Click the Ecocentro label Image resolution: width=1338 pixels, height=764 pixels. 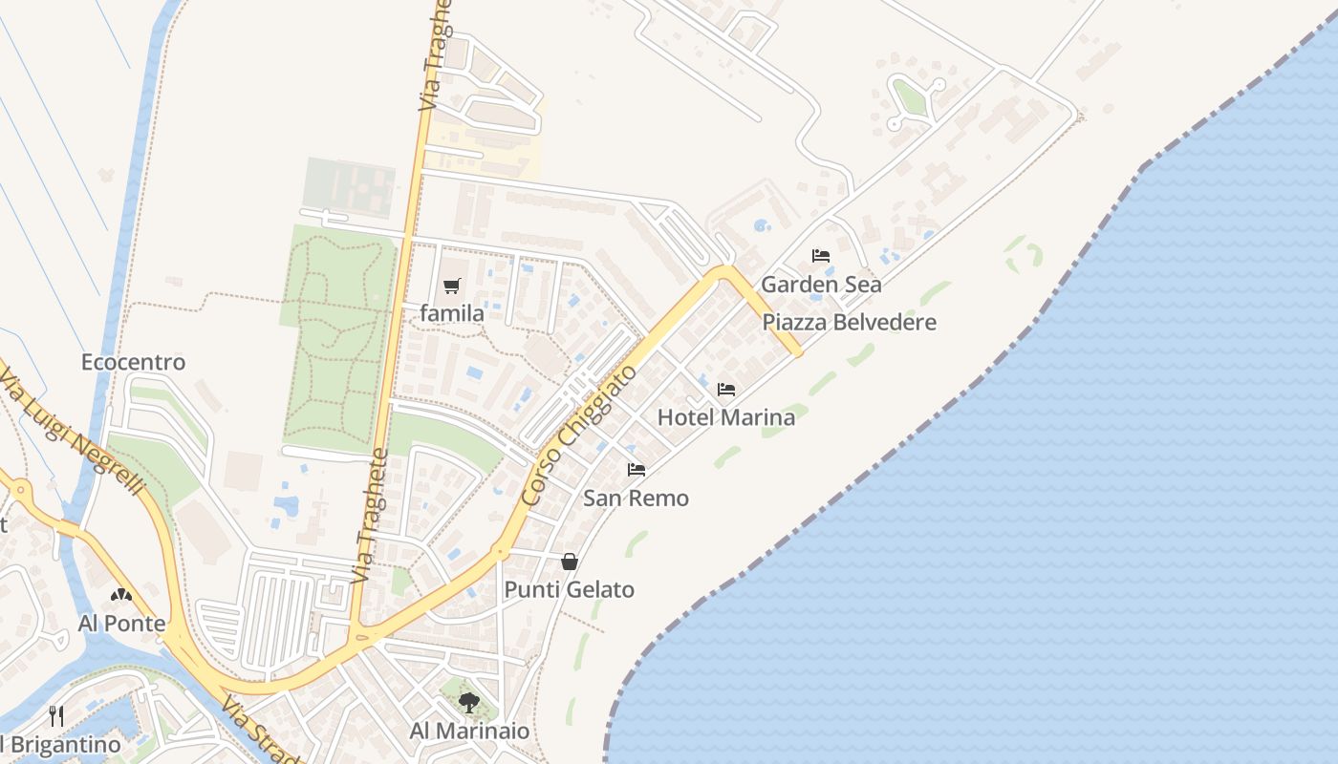click(133, 363)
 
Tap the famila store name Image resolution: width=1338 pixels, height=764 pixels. click(452, 313)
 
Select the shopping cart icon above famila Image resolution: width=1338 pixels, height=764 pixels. click(452, 286)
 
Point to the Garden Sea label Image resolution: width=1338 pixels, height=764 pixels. click(821, 285)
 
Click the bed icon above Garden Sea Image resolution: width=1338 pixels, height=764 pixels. click(820, 256)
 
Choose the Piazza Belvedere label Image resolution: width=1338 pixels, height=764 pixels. click(849, 323)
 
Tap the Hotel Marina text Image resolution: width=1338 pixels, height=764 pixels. click(726, 417)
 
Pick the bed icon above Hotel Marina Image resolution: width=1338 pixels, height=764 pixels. click(726, 390)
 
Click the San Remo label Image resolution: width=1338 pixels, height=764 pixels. click(636, 499)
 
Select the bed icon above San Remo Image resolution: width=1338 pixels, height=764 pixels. click(636, 470)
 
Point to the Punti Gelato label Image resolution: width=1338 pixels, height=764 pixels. click(569, 590)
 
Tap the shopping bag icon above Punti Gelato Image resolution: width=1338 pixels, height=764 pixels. click(569, 562)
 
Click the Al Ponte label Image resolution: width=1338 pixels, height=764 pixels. click(121, 625)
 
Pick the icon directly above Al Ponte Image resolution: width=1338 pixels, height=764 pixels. click(121, 596)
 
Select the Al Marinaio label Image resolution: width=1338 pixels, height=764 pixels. click(469, 732)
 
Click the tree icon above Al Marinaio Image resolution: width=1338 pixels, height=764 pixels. click(469, 704)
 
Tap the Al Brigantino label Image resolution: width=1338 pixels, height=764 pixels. click(59, 745)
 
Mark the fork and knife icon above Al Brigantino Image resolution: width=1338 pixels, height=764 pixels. click(56, 715)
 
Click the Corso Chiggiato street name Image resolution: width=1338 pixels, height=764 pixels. click(580, 435)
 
